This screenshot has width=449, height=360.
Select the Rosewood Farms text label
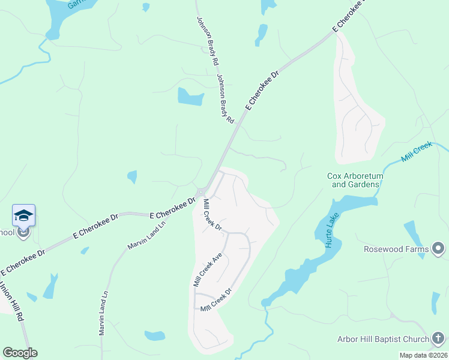tap(396, 249)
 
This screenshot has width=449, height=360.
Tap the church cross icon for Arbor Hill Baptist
tap(439, 339)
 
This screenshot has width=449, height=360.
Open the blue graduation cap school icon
tap(23, 215)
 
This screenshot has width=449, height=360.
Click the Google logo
tap(20, 353)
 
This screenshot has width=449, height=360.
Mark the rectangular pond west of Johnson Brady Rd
tap(190, 97)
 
